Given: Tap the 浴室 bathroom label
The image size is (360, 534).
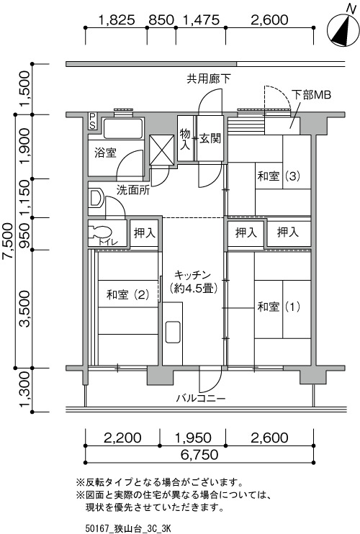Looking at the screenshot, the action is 106,153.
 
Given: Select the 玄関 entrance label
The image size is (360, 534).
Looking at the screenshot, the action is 210,138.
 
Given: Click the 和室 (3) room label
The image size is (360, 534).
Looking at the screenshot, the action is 279,176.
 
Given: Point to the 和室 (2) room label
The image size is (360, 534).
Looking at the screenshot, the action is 128,294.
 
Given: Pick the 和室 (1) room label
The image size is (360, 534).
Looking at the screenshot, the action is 279,307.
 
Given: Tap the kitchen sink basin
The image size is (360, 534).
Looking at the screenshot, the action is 173,332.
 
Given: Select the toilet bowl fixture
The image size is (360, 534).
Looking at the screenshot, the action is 100,232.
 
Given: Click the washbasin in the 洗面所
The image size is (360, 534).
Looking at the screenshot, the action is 96,198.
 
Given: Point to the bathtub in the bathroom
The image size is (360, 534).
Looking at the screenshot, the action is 123,128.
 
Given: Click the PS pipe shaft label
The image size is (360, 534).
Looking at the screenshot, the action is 92,121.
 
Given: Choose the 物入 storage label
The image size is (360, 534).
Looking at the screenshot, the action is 185,139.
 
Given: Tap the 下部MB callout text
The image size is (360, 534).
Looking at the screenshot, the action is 311,95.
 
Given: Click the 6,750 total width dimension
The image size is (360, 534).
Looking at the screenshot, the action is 199,455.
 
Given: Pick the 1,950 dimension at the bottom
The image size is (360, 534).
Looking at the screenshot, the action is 192,438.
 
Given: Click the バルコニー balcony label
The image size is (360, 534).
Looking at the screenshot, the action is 201,398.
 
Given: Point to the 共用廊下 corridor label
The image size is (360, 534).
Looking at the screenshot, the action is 208,78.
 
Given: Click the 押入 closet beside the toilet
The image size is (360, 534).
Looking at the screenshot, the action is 145,233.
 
